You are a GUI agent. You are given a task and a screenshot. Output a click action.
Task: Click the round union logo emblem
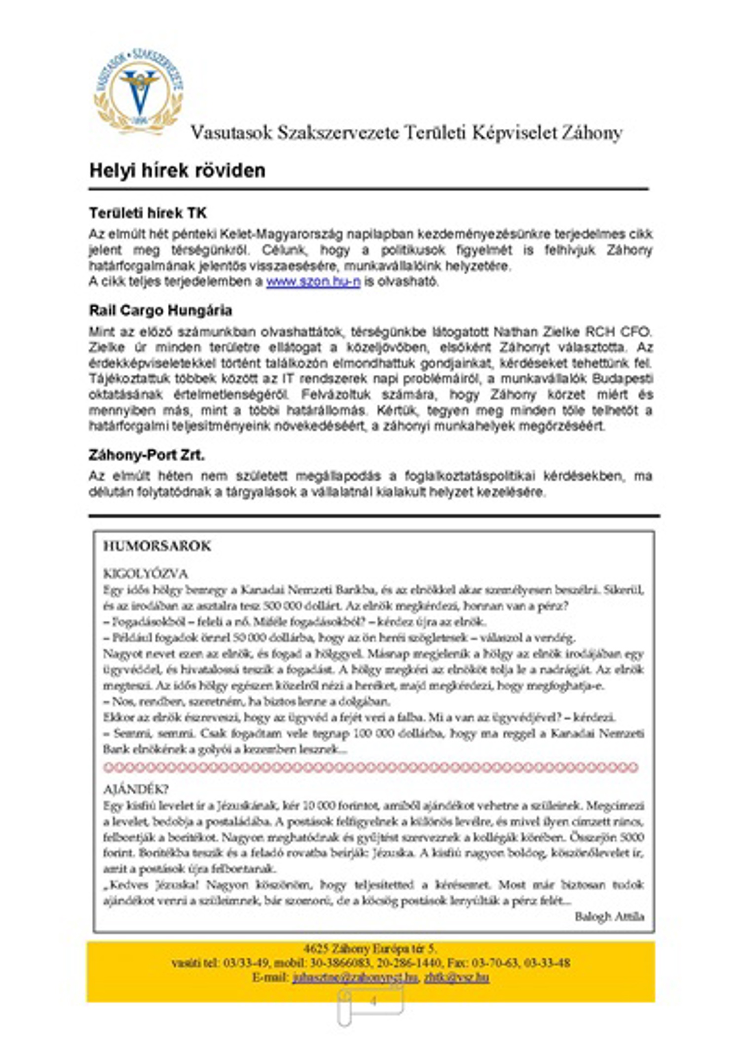139,92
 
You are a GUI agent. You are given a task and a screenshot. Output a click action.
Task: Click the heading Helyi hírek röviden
177,171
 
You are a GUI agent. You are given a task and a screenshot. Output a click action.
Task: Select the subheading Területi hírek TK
148,213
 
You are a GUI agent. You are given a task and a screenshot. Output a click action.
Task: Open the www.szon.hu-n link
313,282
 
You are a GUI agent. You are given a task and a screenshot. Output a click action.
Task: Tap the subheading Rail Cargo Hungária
160,310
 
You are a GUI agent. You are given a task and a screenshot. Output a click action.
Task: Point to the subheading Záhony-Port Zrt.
147,455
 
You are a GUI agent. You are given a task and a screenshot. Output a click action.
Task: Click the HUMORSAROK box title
157,546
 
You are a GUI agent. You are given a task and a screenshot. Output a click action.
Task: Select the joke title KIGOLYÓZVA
146,574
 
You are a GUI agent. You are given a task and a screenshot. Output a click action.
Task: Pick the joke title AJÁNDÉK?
136,789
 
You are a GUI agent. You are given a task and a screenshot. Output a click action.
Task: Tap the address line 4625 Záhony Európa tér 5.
370,948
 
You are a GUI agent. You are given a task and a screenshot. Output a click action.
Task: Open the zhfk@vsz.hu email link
456,977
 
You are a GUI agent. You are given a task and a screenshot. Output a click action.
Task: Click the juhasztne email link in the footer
355,977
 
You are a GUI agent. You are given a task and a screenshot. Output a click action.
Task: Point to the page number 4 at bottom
373,1001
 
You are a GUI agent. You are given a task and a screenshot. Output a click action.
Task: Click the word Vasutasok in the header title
231,133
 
